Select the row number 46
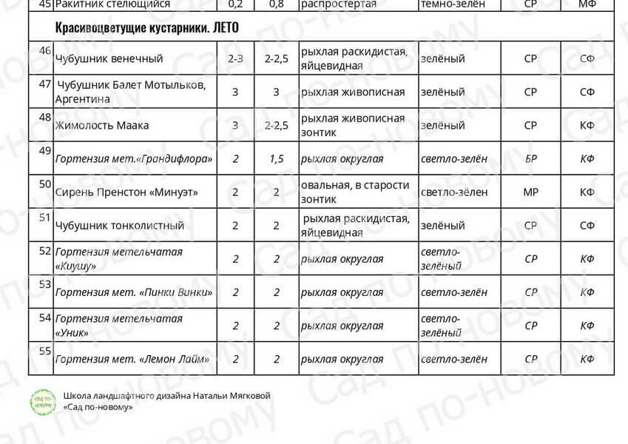[x=44, y=51]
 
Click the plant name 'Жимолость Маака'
[x=102, y=125]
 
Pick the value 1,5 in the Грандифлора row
[x=277, y=159]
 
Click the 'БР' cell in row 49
[x=530, y=159]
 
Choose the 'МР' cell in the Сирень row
[x=530, y=192]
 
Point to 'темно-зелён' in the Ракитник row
[x=453, y=4]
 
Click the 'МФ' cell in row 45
[x=587, y=4]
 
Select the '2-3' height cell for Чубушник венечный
[x=236, y=58]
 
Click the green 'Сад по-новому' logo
[x=43, y=402]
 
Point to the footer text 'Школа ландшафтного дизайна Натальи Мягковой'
[x=167, y=396]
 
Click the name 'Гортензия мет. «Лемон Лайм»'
[x=132, y=359]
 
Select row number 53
[x=44, y=284]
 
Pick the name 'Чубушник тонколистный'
[x=120, y=225]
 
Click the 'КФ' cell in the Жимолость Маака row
[x=587, y=125]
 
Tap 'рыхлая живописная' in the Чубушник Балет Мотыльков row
[x=354, y=92]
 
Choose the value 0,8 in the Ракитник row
[x=277, y=4]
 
